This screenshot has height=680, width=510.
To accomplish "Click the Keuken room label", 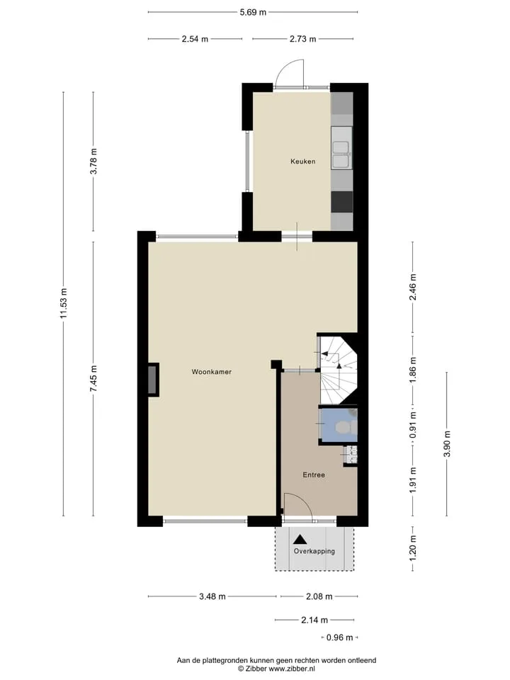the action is (x=302, y=161).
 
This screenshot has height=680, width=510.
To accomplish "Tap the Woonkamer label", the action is (x=212, y=372).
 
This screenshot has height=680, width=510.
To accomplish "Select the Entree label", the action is (x=314, y=475).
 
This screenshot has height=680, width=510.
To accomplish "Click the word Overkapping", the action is (x=314, y=551).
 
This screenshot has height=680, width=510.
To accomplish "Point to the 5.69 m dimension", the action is (x=254, y=12).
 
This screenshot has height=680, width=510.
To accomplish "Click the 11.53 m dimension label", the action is (x=64, y=303).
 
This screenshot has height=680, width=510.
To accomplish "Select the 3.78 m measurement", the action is (x=93, y=161).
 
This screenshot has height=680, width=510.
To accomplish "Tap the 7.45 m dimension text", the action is (x=93, y=378).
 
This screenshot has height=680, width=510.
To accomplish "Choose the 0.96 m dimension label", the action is (x=340, y=637).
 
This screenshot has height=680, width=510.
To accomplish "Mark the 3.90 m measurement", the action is (x=447, y=443).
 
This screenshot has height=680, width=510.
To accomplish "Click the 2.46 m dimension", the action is (x=413, y=287).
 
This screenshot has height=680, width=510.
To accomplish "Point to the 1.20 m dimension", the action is (x=413, y=548).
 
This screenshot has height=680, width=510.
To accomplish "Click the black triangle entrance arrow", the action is (x=300, y=540).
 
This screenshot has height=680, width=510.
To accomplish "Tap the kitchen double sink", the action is (x=341, y=154).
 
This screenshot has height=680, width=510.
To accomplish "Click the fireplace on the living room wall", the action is (x=153, y=380).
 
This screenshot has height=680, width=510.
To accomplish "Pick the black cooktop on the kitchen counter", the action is (x=341, y=202).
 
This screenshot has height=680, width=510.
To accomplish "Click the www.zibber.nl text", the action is (x=292, y=669).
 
